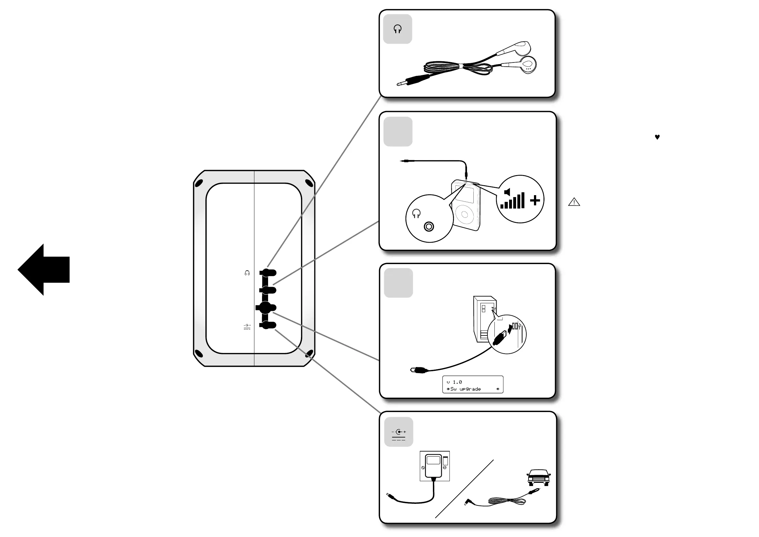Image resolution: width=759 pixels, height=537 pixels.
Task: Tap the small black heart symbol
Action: (657, 137)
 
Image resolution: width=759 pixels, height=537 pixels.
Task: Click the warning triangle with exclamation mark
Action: (574, 202)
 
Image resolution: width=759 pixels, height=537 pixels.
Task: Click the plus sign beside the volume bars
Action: (535, 200)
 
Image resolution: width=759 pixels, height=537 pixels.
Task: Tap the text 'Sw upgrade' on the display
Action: (465, 389)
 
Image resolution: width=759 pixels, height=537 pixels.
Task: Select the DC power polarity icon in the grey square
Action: (399, 435)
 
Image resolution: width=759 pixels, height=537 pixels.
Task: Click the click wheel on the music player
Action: (464, 214)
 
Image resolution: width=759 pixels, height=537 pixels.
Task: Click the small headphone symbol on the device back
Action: (247, 273)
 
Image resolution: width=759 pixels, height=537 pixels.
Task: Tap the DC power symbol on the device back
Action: (247, 327)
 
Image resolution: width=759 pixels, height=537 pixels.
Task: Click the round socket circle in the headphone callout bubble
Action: (429, 226)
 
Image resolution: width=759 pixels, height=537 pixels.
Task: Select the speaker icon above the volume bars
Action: (507, 192)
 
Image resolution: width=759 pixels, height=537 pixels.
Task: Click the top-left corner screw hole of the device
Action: (199, 182)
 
